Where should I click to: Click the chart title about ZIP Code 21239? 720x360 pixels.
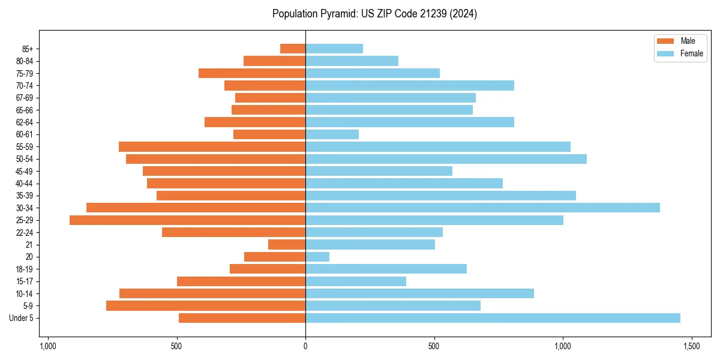pyautogui.click(x=374, y=14)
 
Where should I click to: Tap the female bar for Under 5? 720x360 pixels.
pyautogui.click(x=493, y=318)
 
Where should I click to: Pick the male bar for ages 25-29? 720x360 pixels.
pyautogui.click(x=187, y=220)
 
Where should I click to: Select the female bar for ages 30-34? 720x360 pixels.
pyautogui.click(x=482, y=208)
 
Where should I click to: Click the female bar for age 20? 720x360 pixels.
pyautogui.click(x=317, y=257)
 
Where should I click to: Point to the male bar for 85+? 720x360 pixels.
pyautogui.click(x=293, y=49)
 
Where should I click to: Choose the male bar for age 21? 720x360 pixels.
pyautogui.click(x=287, y=245)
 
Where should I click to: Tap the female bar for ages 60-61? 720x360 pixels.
pyautogui.click(x=332, y=134)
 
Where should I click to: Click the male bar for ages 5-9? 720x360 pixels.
pyautogui.click(x=206, y=306)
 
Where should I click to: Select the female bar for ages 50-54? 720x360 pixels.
pyautogui.click(x=446, y=159)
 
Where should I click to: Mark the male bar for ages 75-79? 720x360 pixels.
pyautogui.click(x=252, y=73)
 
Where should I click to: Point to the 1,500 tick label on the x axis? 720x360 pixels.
pyautogui.click(x=692, y=346)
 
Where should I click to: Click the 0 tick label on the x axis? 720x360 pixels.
pyautogui.click(x=305, y=346)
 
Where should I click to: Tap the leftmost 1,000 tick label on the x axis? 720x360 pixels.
pyautogui.click(x=48, y=346)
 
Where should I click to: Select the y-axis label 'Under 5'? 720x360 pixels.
pyautogui.click(x=22, y=318)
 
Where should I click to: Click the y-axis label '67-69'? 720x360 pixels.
pyautogui.click(x=25, y=98)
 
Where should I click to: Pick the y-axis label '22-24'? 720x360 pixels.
pyautogui.click(x=25, y=233)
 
